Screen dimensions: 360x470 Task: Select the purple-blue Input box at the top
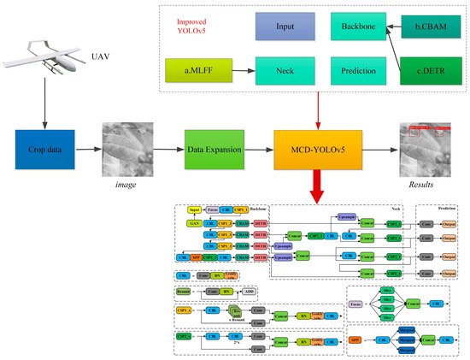[282, 27]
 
